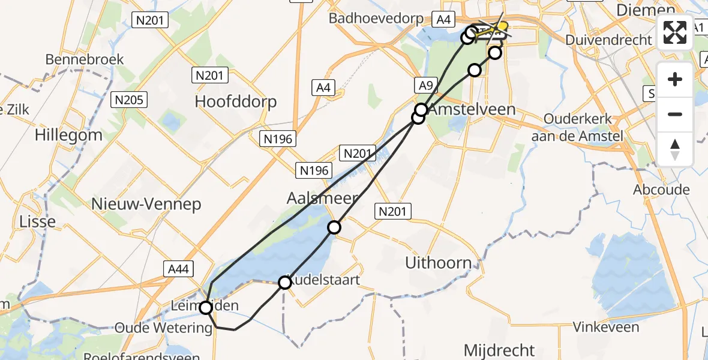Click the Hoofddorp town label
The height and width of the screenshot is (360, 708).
(236, 101)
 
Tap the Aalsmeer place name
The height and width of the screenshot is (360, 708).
(322, 199)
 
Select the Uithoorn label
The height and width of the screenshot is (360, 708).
(438, 262)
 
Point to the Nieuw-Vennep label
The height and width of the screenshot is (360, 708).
(146, 204)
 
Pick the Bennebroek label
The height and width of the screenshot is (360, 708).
(85, 59)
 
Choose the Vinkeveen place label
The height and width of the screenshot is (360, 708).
(607, 327)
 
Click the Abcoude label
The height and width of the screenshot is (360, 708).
(661, 190)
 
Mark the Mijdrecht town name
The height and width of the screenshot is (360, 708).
(499, 349)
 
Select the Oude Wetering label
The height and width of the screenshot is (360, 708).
(164, 328)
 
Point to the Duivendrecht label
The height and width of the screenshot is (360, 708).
(608, 40)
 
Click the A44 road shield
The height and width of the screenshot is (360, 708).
(179, 269)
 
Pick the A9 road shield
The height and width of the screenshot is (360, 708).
(425, 85)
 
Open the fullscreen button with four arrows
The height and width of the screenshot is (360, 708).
(675, 32)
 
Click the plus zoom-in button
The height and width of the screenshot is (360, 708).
(675, 79)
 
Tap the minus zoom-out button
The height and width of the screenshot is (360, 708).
(675, 114)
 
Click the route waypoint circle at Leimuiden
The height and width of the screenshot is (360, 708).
(206, 308)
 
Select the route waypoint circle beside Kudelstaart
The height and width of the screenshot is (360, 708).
(286, 282)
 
